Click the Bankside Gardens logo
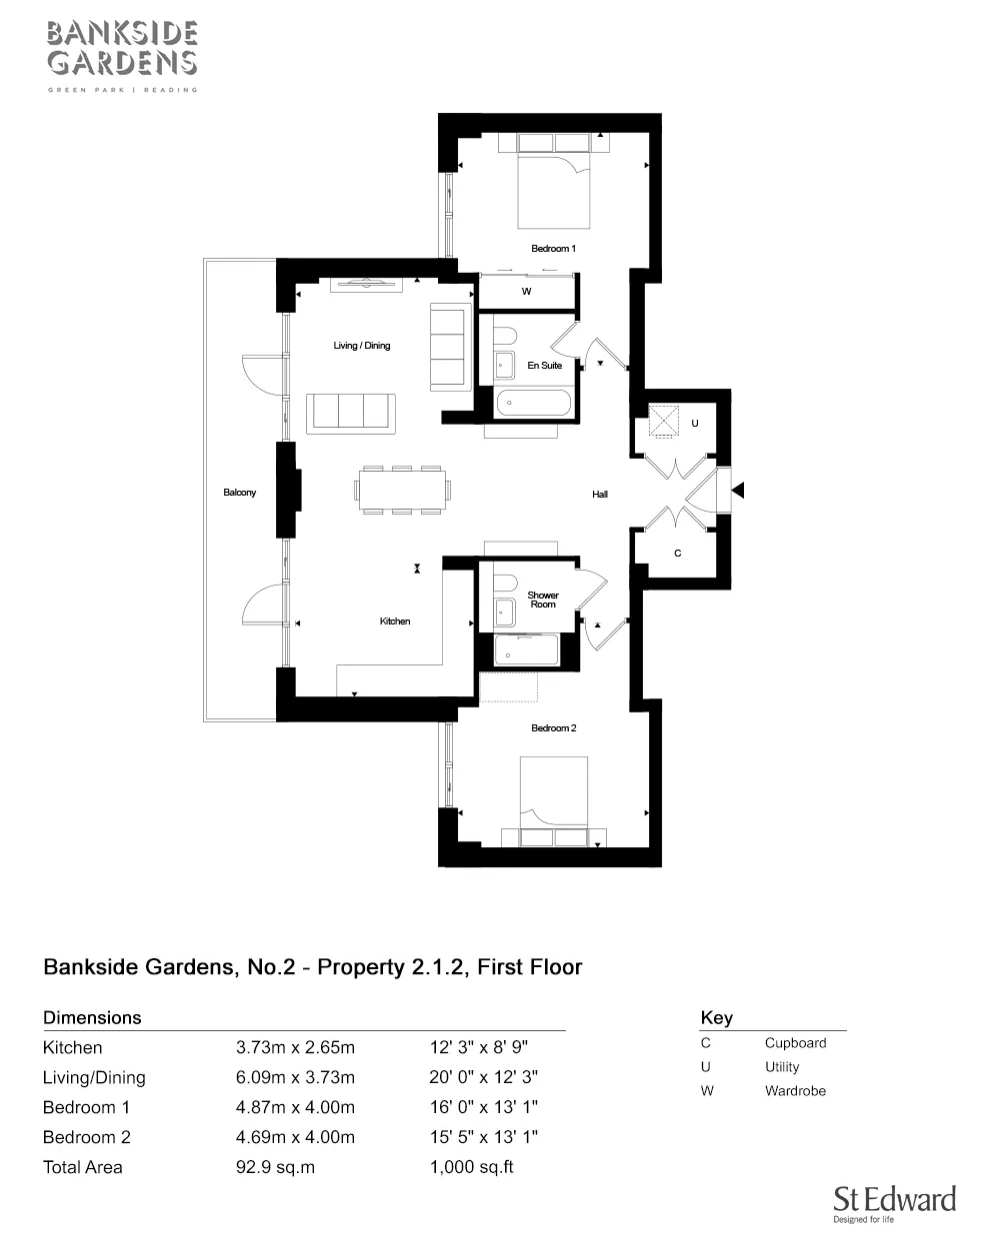coord(122,56)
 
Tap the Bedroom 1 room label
coord(553,249)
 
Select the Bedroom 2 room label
coord(553,727)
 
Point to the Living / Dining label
coord(361,346)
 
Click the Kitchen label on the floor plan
coord(395,622)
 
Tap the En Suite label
coord(544,365)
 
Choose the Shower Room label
coord(543,600)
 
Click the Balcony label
coord(239,493)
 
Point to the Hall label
coord(600,494)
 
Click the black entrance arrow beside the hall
coord(739,490)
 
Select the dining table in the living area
coord(402,490)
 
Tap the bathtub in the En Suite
coord(533,403)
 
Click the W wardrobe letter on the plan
coord(526,292)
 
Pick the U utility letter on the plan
coord(694,423)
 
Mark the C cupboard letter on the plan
coord(678,554)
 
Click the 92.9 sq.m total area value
coord(275,1167)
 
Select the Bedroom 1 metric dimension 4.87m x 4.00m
coord(295,1107)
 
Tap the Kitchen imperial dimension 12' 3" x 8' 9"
coord(479,1047)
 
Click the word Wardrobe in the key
coord(795,1090)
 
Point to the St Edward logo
coord(894,1204)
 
